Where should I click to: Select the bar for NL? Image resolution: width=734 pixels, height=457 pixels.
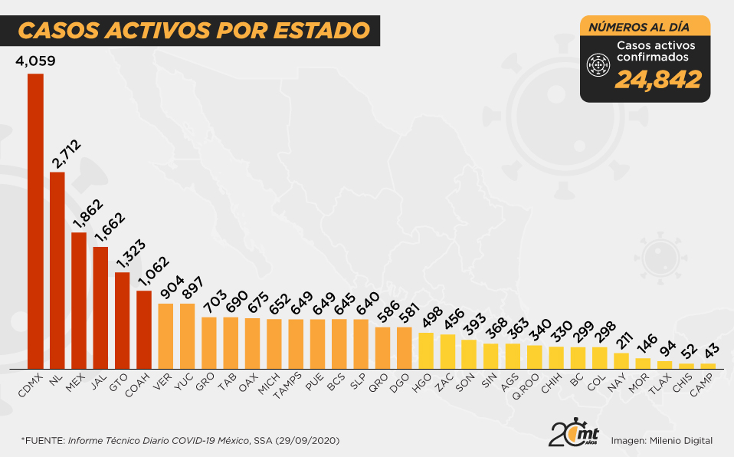(x=57, y=270)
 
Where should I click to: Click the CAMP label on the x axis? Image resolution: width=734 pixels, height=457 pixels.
(x=703, y=386)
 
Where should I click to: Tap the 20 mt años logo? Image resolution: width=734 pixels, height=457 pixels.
(x=573, y=434)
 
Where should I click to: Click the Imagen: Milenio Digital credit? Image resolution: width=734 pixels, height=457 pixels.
(x=662, y=440)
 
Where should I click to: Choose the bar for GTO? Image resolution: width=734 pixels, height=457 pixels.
(x=122, y=321)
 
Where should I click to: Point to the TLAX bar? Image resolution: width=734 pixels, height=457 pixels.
(x=664, y=365)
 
